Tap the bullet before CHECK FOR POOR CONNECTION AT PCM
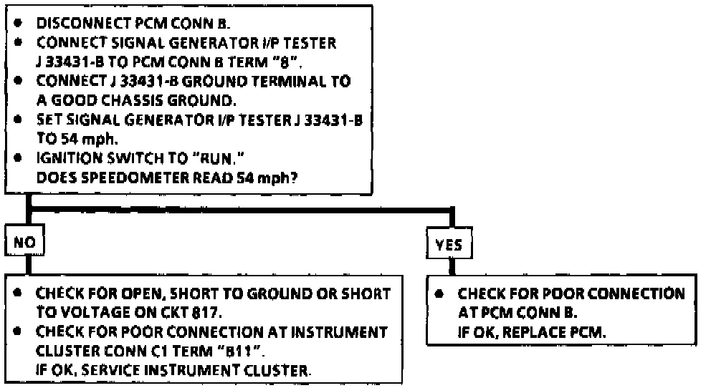tap(442, 294)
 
